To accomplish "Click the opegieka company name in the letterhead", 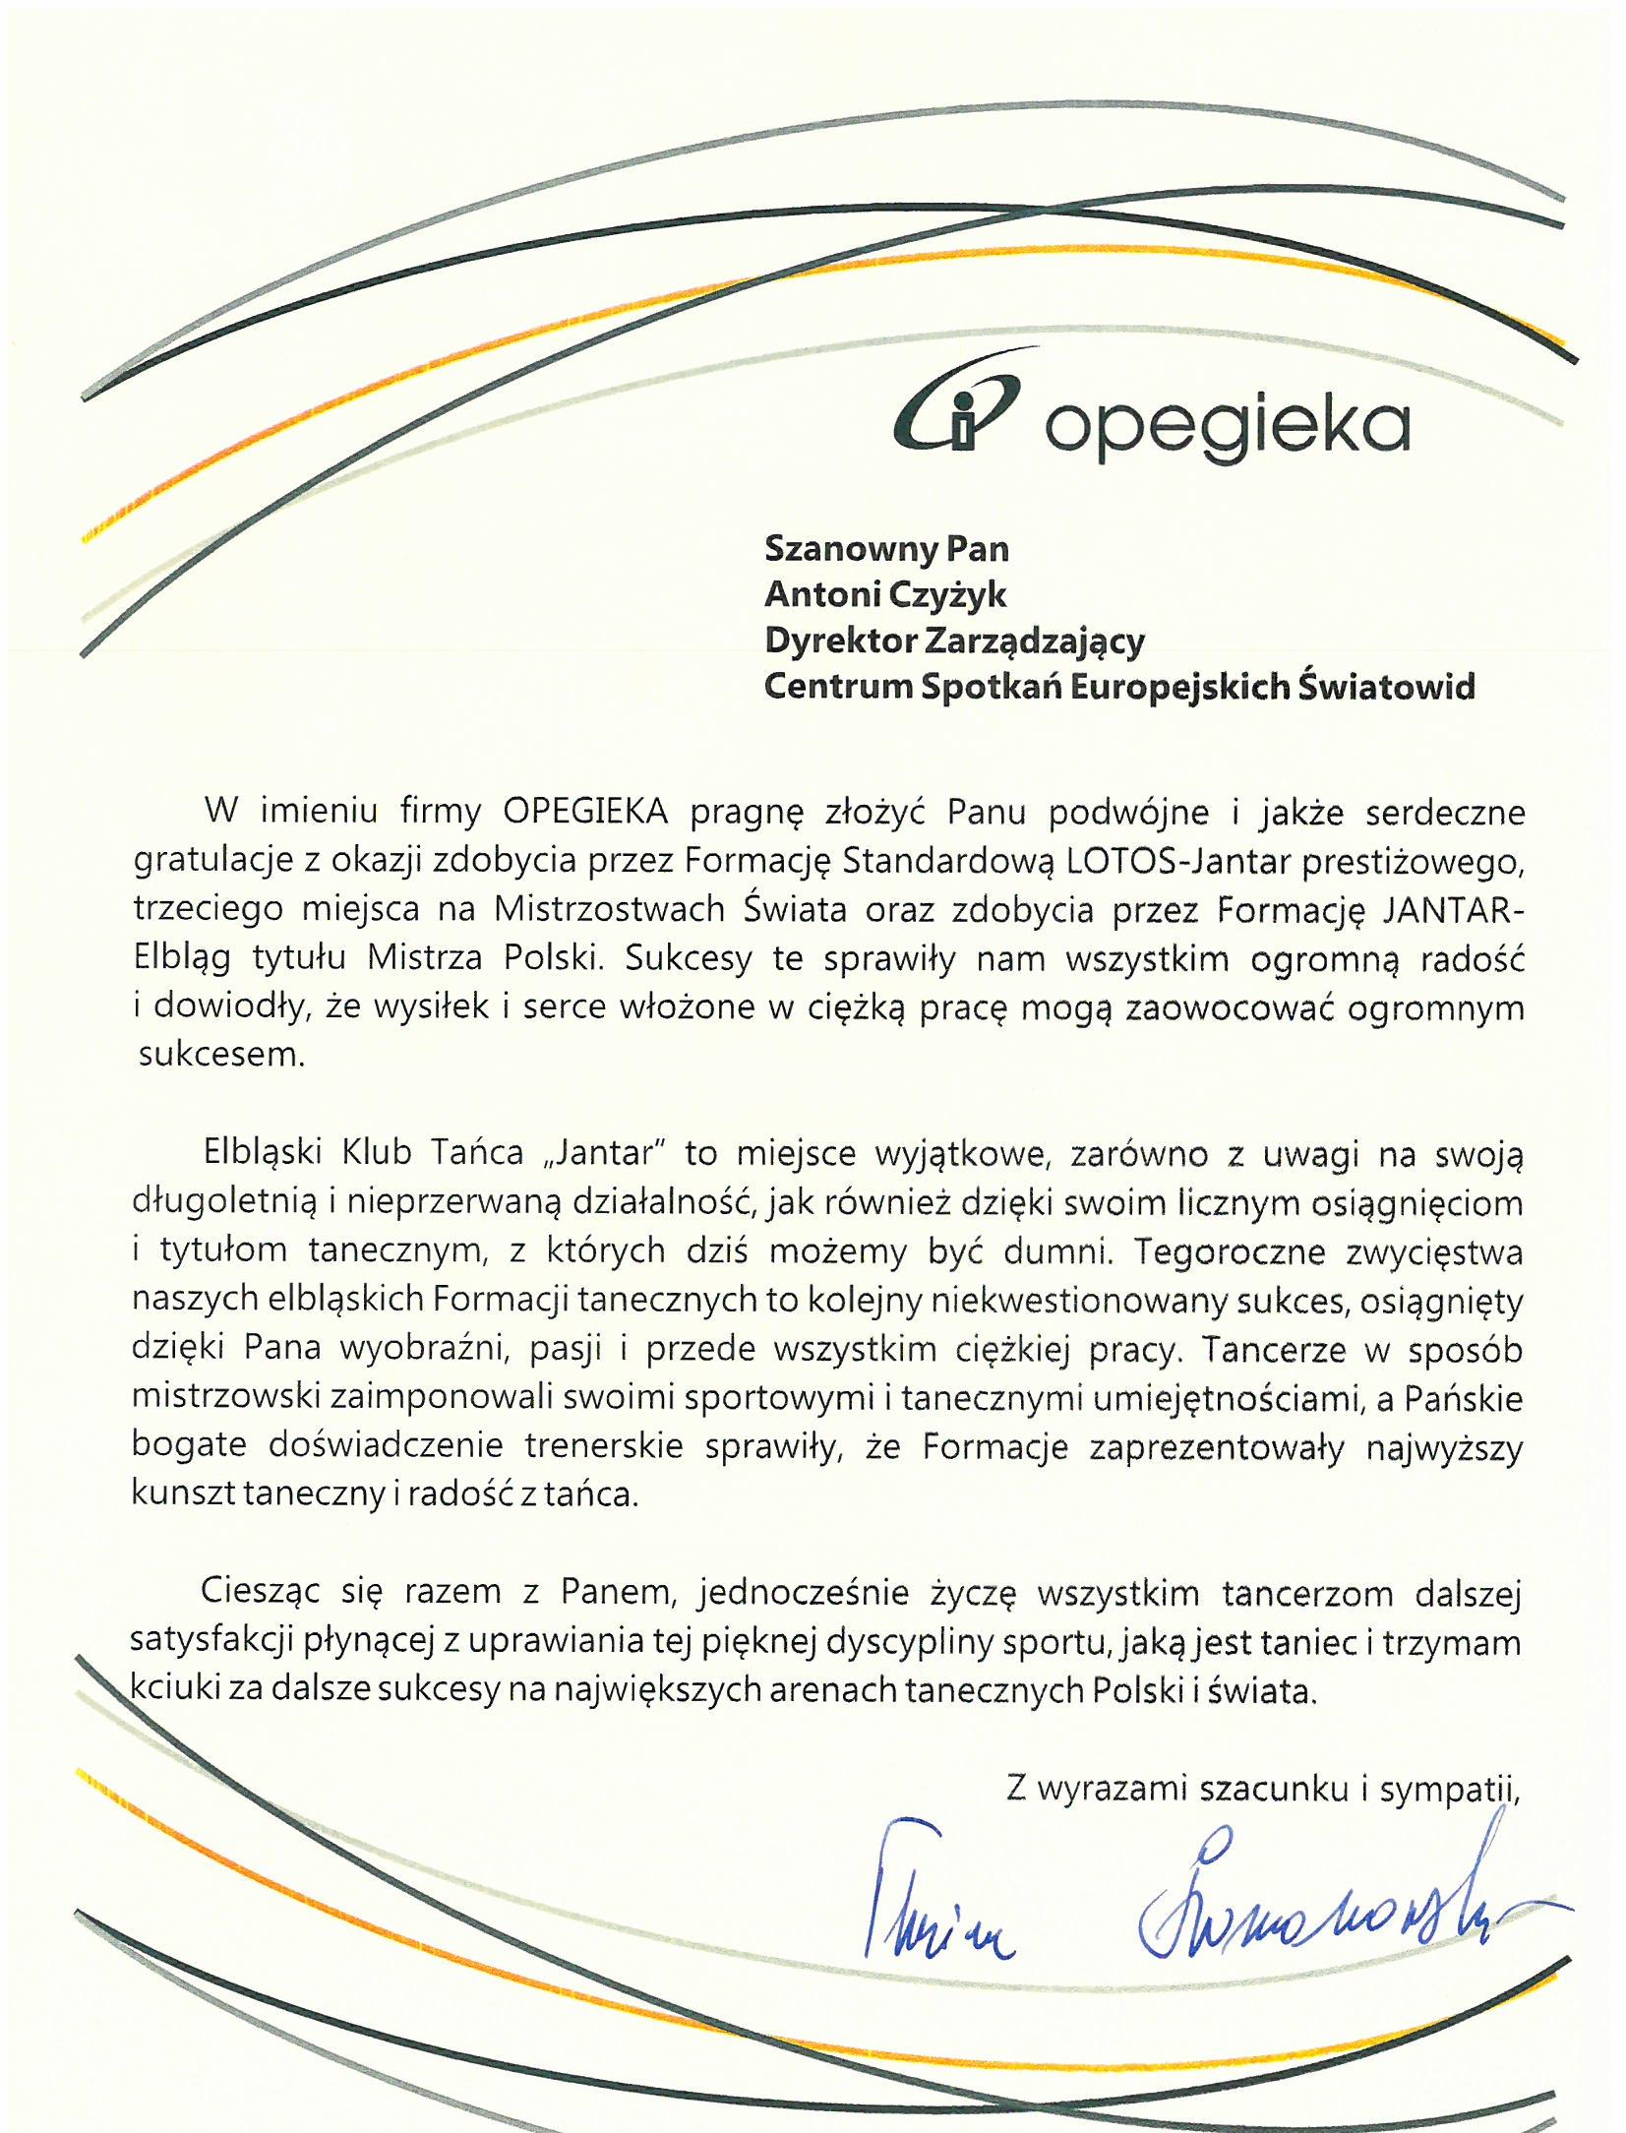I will (1225, 426).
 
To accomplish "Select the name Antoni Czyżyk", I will (885, 595).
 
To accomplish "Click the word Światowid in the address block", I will (1386, 686).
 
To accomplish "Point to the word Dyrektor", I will (838, 640).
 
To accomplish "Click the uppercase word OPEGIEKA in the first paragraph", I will (585, 813).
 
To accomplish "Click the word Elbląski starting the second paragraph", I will (262, 1153).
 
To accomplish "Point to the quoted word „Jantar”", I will (599, 1153).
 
